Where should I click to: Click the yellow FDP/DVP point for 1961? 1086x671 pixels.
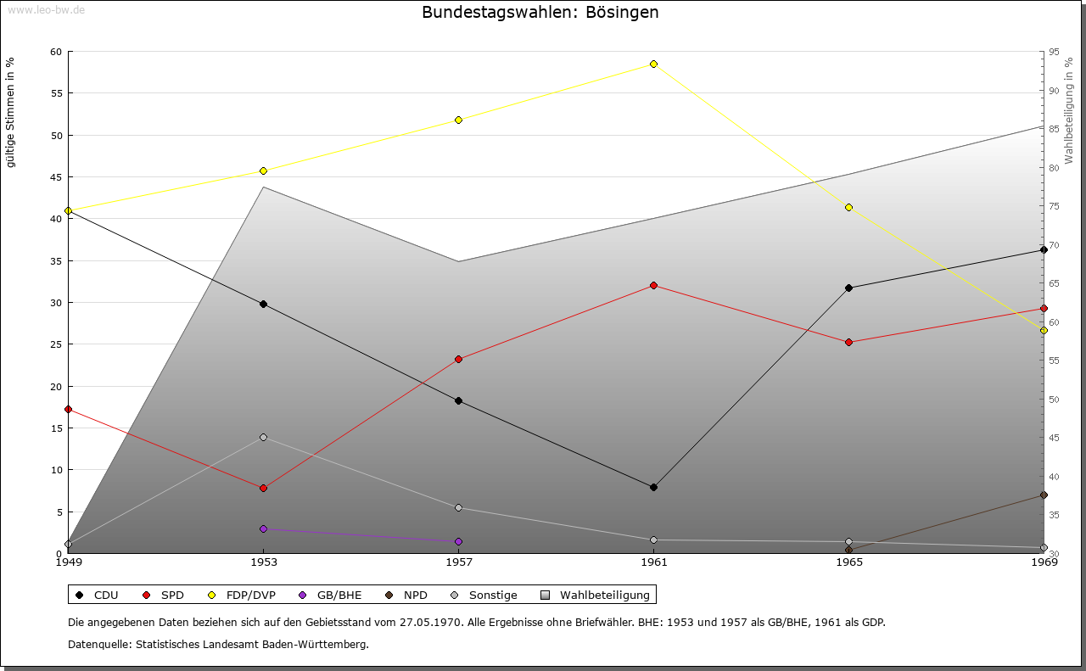click(x=653, y=64)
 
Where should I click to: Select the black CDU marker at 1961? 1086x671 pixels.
click(x=653, y=487)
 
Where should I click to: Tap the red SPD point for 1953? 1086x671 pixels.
click(x=263, y=489)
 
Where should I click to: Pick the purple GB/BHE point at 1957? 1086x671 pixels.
click(x=459, y=541)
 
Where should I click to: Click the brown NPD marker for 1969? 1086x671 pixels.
click(x=1044, y=495)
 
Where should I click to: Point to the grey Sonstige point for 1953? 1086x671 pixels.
click(x=263, y=438)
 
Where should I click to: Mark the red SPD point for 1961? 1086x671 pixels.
click(x=653, y=286)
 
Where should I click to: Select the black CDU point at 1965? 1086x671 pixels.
click(x=849, y=288)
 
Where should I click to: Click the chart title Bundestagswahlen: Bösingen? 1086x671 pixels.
click(x=540, y=12)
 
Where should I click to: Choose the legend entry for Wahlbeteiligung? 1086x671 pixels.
click(x=595, y=595)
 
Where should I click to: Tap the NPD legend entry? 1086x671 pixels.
click(x=406, y=595)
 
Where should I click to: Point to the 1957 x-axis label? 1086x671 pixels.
click(x=459, y=562)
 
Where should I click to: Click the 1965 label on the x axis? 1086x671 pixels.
click(x=849, y=562)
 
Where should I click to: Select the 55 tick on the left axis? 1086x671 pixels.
click(x=57, y=93)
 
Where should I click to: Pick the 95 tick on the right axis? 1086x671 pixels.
click(x=1054, y=52)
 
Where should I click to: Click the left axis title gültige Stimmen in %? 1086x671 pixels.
click(x=10, y=113)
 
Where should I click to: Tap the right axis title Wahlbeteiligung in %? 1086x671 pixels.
click(x=1069, y=110)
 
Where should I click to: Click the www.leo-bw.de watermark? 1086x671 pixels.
click(x=47, y=9)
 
